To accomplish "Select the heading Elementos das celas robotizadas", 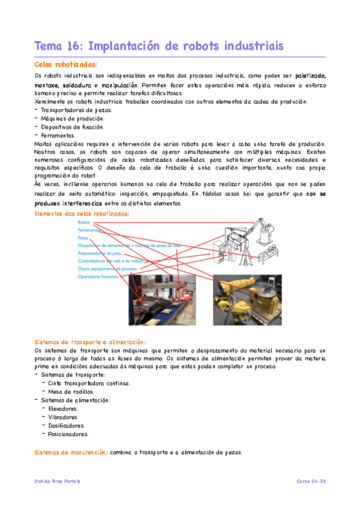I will click(82, 214).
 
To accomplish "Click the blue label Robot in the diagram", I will click(84, 222).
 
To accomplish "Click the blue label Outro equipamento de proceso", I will click(106, 269).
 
